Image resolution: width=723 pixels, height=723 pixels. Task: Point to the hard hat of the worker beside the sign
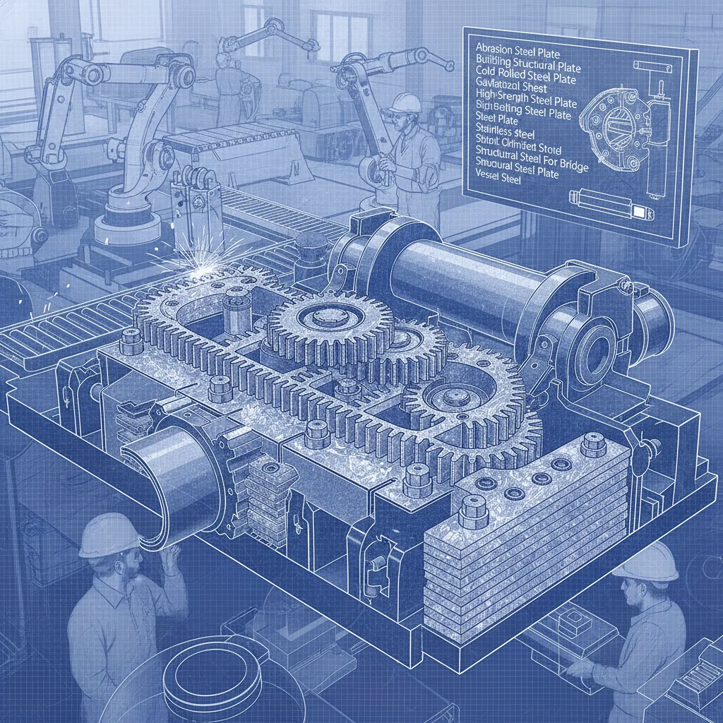pos(405,102)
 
